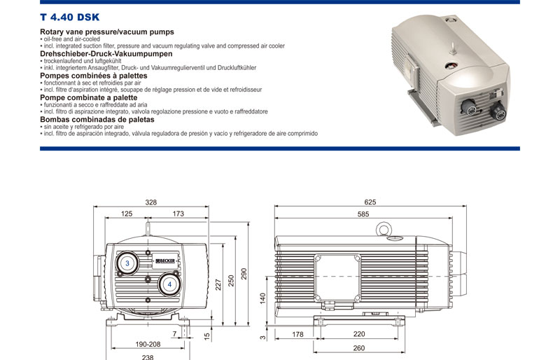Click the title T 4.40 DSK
[x=69, y=18]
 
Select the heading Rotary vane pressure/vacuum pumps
[x=107, y=32]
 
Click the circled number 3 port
[x=127, y=263]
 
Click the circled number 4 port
[x=169, y=284]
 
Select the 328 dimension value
[x=151, y=202]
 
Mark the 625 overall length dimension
[x=370, y=202]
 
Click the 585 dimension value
[x=363, y=214]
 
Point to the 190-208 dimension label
[x=148, y=345]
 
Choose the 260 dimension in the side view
[x=359, y=347]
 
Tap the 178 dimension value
[x=297, y=335]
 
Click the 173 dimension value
[x=178, y=214]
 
